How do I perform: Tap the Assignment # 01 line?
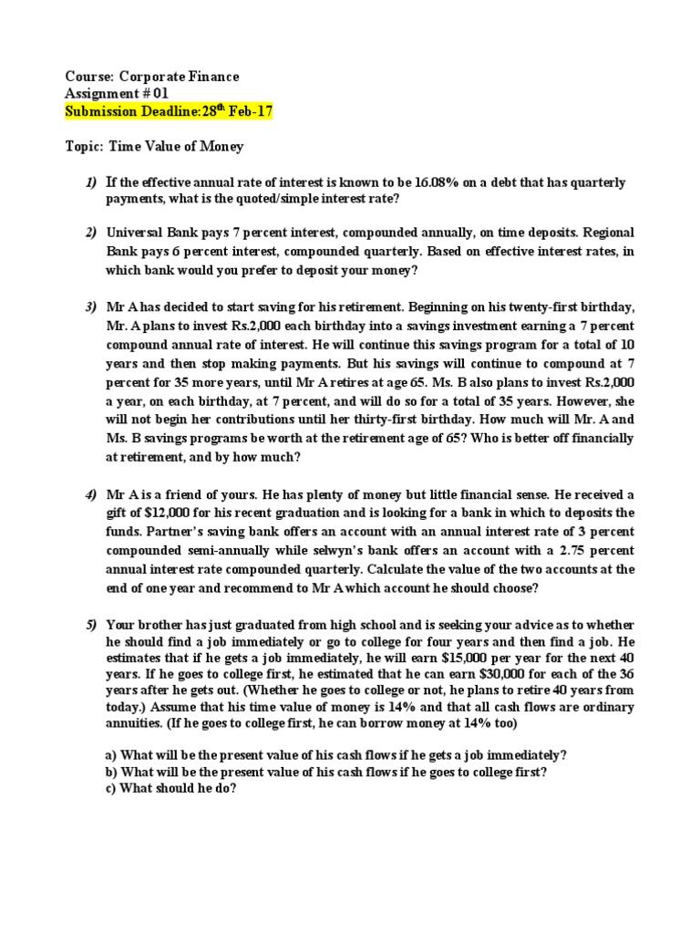(117, 94)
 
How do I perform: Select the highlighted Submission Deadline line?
(168, 111)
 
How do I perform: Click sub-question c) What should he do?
(171, 789)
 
